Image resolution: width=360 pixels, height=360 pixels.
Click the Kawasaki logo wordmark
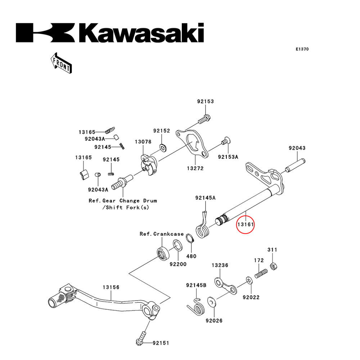pyautogui.click(x=110, y=33)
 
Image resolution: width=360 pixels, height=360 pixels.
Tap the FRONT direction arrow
pyautogui.click(x=60, y=62)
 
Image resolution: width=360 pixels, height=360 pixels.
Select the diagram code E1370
pyautogui.click(x=302, y=49)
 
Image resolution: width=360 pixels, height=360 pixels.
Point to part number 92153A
pyautogui.click(x=228, y=157)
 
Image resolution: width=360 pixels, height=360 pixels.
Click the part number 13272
pyautogui.click(x=195, y=168)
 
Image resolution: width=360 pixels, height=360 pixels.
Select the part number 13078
pyautogui.click(x=143, y=142)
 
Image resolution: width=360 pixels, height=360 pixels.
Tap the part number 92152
pyautogui.click(x=161, y=131)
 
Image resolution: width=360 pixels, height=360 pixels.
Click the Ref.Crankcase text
pyautogui.click(x=162, y=234)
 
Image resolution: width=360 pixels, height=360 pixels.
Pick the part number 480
pyautogui.click(x=191, y=256)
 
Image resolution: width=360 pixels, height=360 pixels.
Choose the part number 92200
pyautogui.click(x=178, y=264)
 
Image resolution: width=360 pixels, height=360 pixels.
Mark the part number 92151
pyautogui.click(x=160, y=343)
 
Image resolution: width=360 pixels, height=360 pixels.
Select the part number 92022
pyautogui.click(x=251, y=297)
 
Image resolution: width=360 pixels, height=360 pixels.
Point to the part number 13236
pyautogui.click(x=220, y=265)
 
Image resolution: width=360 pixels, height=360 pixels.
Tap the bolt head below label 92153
pyautogui.click(x=205, y=118)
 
